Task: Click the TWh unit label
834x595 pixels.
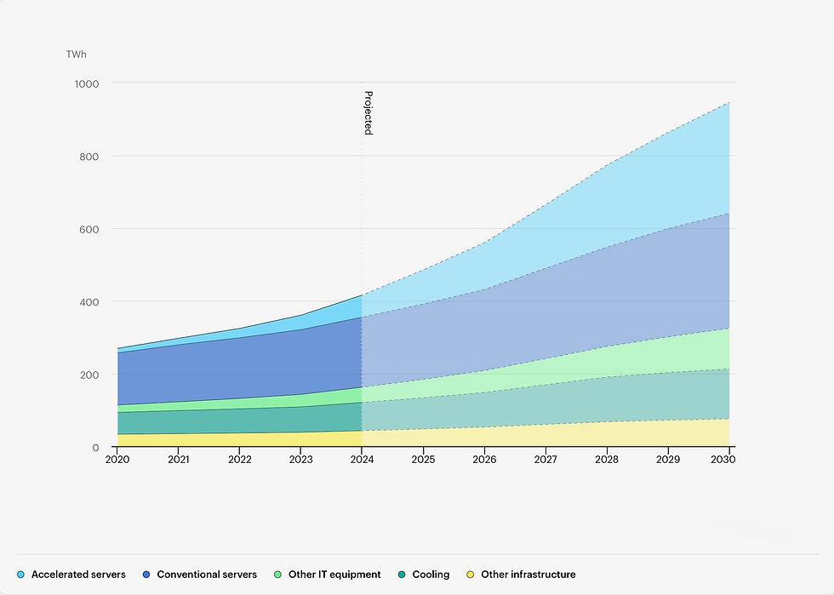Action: (76, 54)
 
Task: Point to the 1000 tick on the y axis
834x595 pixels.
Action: (87, 83)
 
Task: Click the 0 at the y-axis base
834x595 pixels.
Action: (96, 447)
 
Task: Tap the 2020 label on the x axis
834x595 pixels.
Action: (117, 460)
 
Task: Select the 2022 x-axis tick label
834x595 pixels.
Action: (240, 460)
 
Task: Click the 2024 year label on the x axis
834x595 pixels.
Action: (362, 460)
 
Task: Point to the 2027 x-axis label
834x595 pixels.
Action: (546, 460)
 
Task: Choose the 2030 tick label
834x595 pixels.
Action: (723, 460)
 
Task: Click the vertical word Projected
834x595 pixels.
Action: (368, 113)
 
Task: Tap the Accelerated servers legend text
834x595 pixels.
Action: (78, 575)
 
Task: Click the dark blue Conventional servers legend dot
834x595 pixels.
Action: (146, 575)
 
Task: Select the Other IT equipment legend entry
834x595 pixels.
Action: (334, 575)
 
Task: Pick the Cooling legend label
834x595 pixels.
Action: (431, 575)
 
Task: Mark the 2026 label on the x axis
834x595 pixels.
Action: (484, 460)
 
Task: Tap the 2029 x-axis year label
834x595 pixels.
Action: (668, 460)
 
